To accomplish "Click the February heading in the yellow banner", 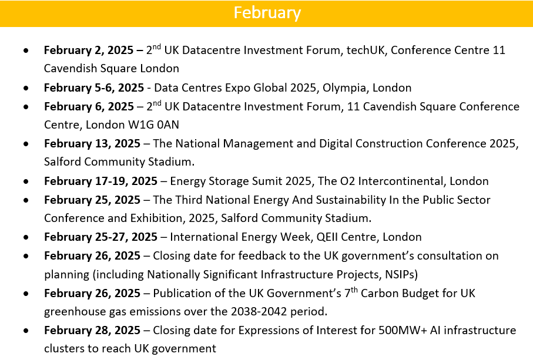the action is pos(267,14).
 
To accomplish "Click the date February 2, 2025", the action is pos(89,51).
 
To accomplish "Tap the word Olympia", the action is pos(344,88).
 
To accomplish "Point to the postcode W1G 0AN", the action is pos(153,125).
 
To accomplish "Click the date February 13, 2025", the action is pos(92,144).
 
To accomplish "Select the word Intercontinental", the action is pos(401,181).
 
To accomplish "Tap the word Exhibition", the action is pos(157,218).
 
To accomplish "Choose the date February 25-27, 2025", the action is pos(100,237).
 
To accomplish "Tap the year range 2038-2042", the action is pos(259,311).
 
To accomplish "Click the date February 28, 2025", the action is pos(92,331).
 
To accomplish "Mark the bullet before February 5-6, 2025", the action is pos(26,88).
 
